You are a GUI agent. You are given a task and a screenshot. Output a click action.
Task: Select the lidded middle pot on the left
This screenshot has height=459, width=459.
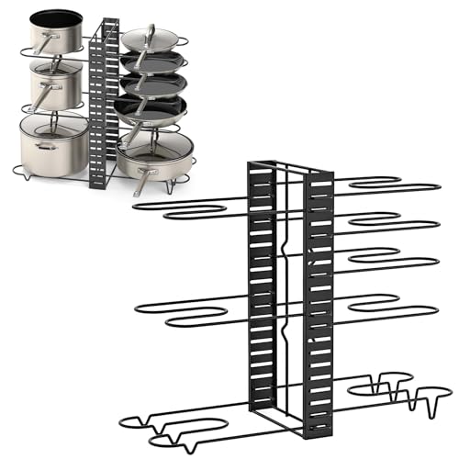[x=53, y=85]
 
